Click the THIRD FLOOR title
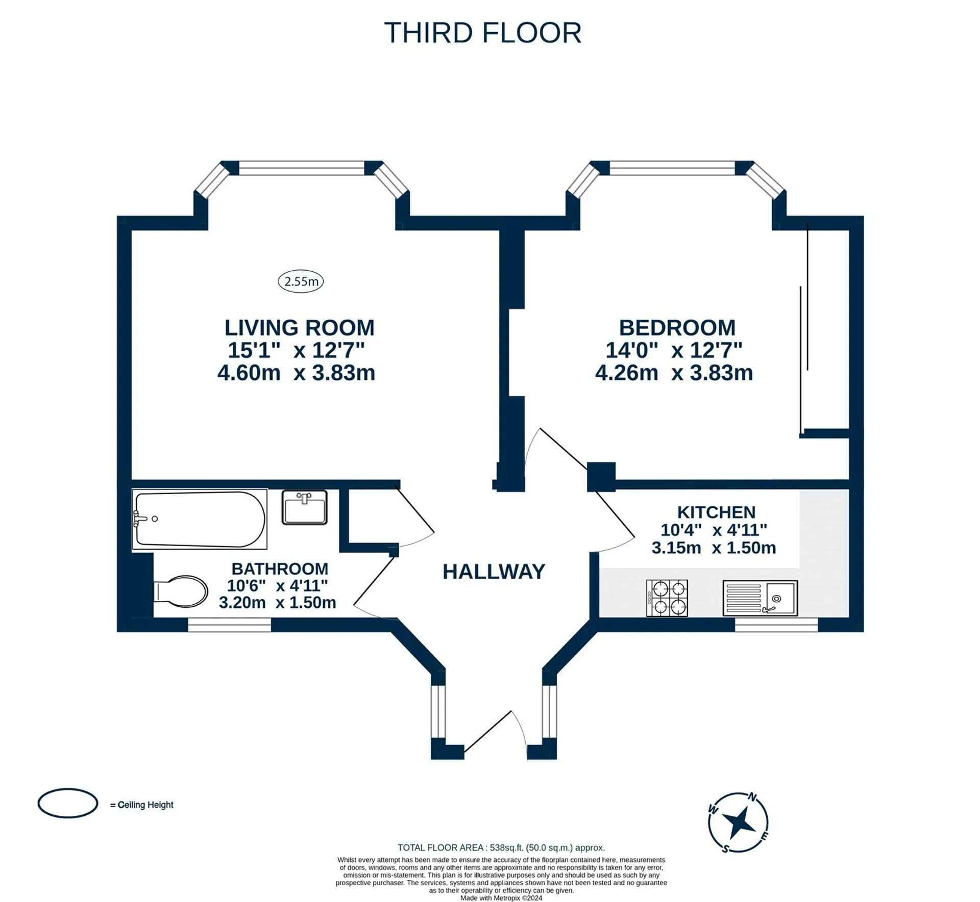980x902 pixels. click(x=482, y=33)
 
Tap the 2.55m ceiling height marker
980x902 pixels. click(x=301, y=281)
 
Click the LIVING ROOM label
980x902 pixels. click(x=300, y=328)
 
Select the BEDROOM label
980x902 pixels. click(x=677, y=328)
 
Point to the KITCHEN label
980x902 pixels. click(x=716, y=512)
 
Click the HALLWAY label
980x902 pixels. click(x=494, y=572)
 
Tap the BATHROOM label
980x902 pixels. click(x=280, y=569)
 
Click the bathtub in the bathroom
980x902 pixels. click(x=200, y=519)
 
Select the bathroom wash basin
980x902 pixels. click(x=304, y=507)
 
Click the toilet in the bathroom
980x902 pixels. click(x=181, y=591)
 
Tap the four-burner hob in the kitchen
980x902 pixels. click(x=667, y=598)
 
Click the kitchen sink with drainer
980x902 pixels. click(x=760, y=598)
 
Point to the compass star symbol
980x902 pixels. click(x=739, y=822)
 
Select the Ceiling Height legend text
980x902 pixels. click(x=142, y=805)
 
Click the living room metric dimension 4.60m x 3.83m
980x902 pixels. click(x=296, y=373)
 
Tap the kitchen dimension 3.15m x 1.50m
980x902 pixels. click(x=714, y=548)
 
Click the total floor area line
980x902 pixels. click(x=501, y=847)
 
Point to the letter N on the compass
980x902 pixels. click(x=752, y=796)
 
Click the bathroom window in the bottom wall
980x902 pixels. click(x=230, y=625)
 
